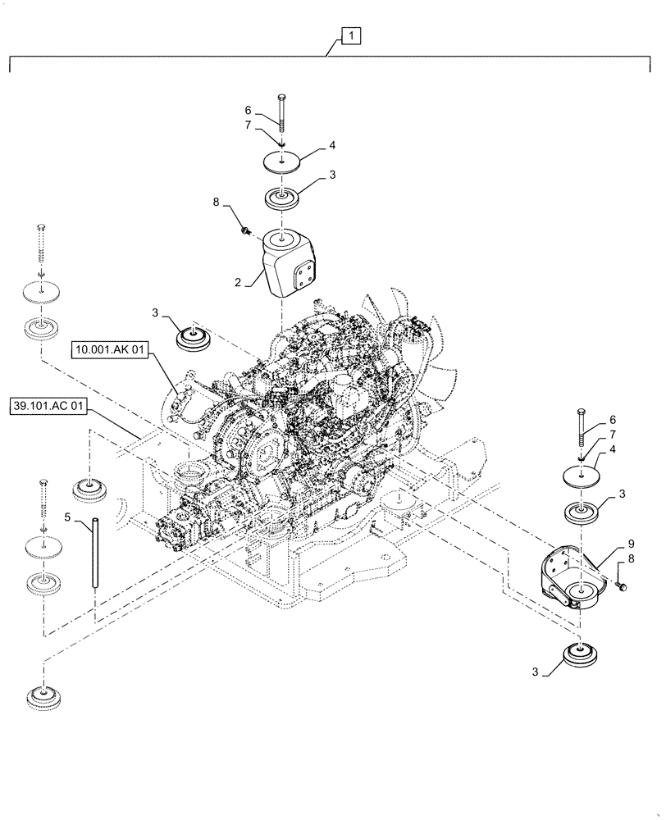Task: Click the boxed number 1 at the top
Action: (x=349, y=36)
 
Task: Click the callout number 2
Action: (x=239, y=282)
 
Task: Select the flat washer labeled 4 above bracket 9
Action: (x=581, y=476)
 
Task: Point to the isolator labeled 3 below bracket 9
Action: (x=581, y=658)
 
